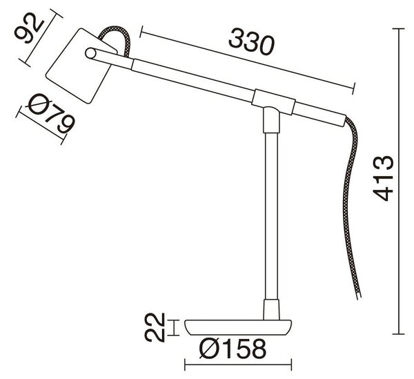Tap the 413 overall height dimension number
[384, 179]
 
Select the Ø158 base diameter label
[233, 349]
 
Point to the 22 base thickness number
[155, 328]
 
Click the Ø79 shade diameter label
[50, 114]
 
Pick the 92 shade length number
[28, 28]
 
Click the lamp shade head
[81, 66]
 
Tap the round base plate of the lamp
[238, 327]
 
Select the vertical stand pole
[271, 216]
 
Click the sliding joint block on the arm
[273, 102]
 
